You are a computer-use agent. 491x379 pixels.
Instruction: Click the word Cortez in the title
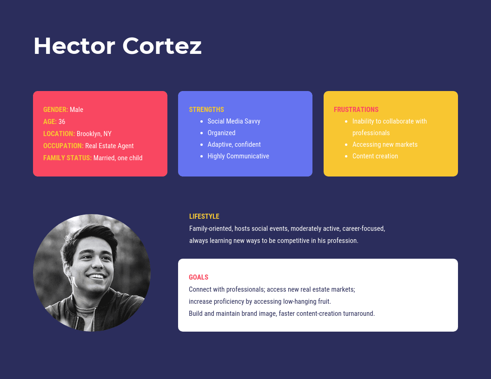[x=162, y=46]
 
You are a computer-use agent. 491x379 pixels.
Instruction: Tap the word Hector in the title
[x=74, y=46]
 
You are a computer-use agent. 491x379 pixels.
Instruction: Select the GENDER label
[x=56, y=110]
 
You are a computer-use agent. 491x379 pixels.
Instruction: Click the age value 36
[x=62, y=122]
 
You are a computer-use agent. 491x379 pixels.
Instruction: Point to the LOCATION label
[x=59, y=134]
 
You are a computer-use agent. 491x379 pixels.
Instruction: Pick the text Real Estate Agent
[x=109, y=146]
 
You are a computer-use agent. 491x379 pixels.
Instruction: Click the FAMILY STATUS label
[x=67, y=158]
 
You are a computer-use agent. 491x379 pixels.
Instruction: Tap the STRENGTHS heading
[x=206, y=110]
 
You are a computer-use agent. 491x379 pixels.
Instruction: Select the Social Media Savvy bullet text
[x=234, y=121]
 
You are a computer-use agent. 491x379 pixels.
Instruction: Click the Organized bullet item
[x=221, y=133]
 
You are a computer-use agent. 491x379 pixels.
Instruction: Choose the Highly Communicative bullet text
[x=239, y=156]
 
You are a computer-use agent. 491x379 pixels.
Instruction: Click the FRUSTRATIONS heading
[x=356, y=110]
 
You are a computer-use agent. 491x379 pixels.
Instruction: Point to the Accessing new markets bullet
[x=385, y=144]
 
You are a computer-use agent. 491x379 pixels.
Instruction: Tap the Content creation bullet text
[x=375, y=156]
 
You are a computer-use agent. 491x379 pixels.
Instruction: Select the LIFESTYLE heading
[x=204, y=216]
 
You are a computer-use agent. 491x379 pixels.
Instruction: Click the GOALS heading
[x=199, y=277]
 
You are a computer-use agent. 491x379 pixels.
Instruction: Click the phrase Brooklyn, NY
[x=94, y=134]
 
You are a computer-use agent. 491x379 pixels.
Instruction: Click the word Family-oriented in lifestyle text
[x=211, y=229]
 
